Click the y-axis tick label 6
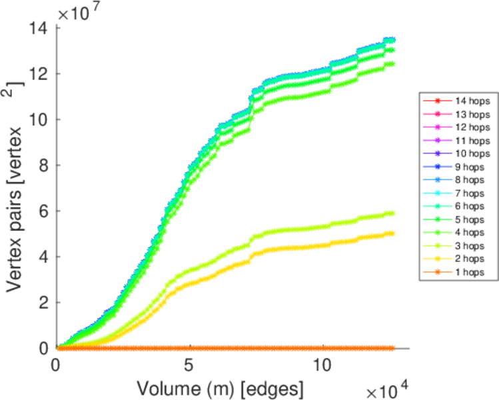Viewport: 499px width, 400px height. point(44,211)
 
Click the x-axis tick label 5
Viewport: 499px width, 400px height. point(191,366)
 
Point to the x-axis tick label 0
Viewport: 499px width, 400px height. point(58,366)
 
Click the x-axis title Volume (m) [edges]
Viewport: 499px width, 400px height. point(221,387)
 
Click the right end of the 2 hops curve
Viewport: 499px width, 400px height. point(391,233)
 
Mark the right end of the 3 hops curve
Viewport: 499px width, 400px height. point(391,213)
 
